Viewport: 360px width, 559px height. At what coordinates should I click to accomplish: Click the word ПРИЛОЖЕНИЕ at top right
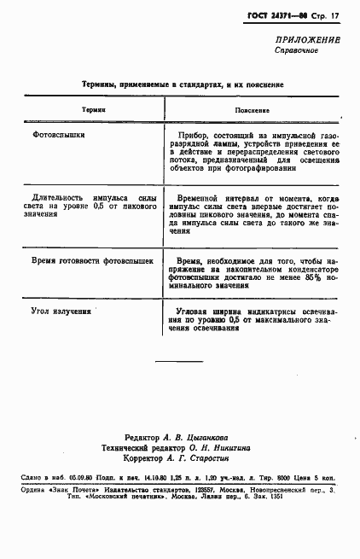[308, 40]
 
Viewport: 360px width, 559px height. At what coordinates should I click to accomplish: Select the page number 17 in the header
[335, 15]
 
